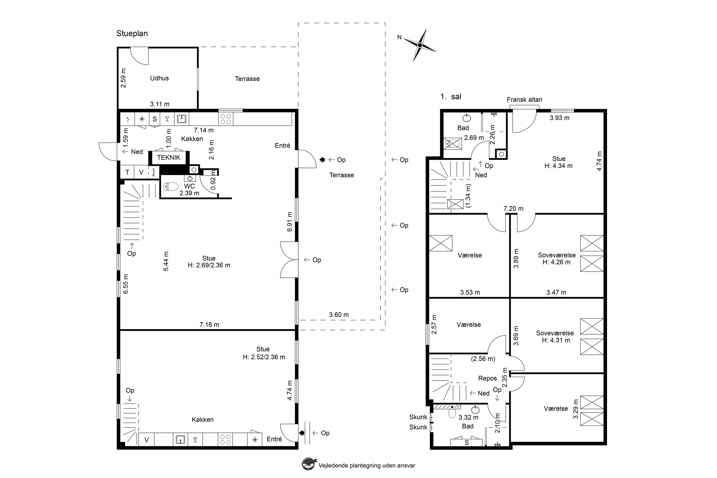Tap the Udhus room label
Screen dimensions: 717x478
[159, 78]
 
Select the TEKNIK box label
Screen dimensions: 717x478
[169, 158]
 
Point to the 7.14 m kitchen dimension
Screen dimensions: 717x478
[204, 130]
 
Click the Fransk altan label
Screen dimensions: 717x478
[525, 100]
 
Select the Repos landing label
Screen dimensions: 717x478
[488, 379]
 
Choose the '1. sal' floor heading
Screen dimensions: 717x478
[451, 97]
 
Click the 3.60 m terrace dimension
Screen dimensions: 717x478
[339, 315]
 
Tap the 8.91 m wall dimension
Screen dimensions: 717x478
[290, 222]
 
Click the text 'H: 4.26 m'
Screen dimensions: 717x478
[556, 262]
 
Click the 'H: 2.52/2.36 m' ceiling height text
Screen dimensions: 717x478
[264, 357]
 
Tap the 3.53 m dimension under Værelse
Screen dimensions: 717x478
[470, 293]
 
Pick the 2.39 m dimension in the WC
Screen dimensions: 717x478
[189, 193]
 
